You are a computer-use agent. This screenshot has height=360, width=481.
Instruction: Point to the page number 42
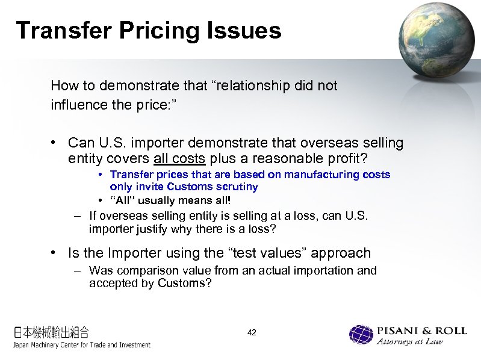click(x=252, y=332)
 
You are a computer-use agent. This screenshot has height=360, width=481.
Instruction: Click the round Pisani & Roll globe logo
click(x=361, y=335)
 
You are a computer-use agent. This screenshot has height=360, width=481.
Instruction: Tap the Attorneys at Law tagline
click(x=410, y=342)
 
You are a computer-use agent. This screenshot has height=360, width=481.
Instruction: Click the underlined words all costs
click(x=180, y=159)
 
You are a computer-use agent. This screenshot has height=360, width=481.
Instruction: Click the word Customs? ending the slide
click(x=185, y=283)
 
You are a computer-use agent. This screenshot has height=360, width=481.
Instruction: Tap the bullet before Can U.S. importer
click(x=54, y=143)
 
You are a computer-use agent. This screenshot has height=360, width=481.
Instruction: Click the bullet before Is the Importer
click(x=54, y=253)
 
